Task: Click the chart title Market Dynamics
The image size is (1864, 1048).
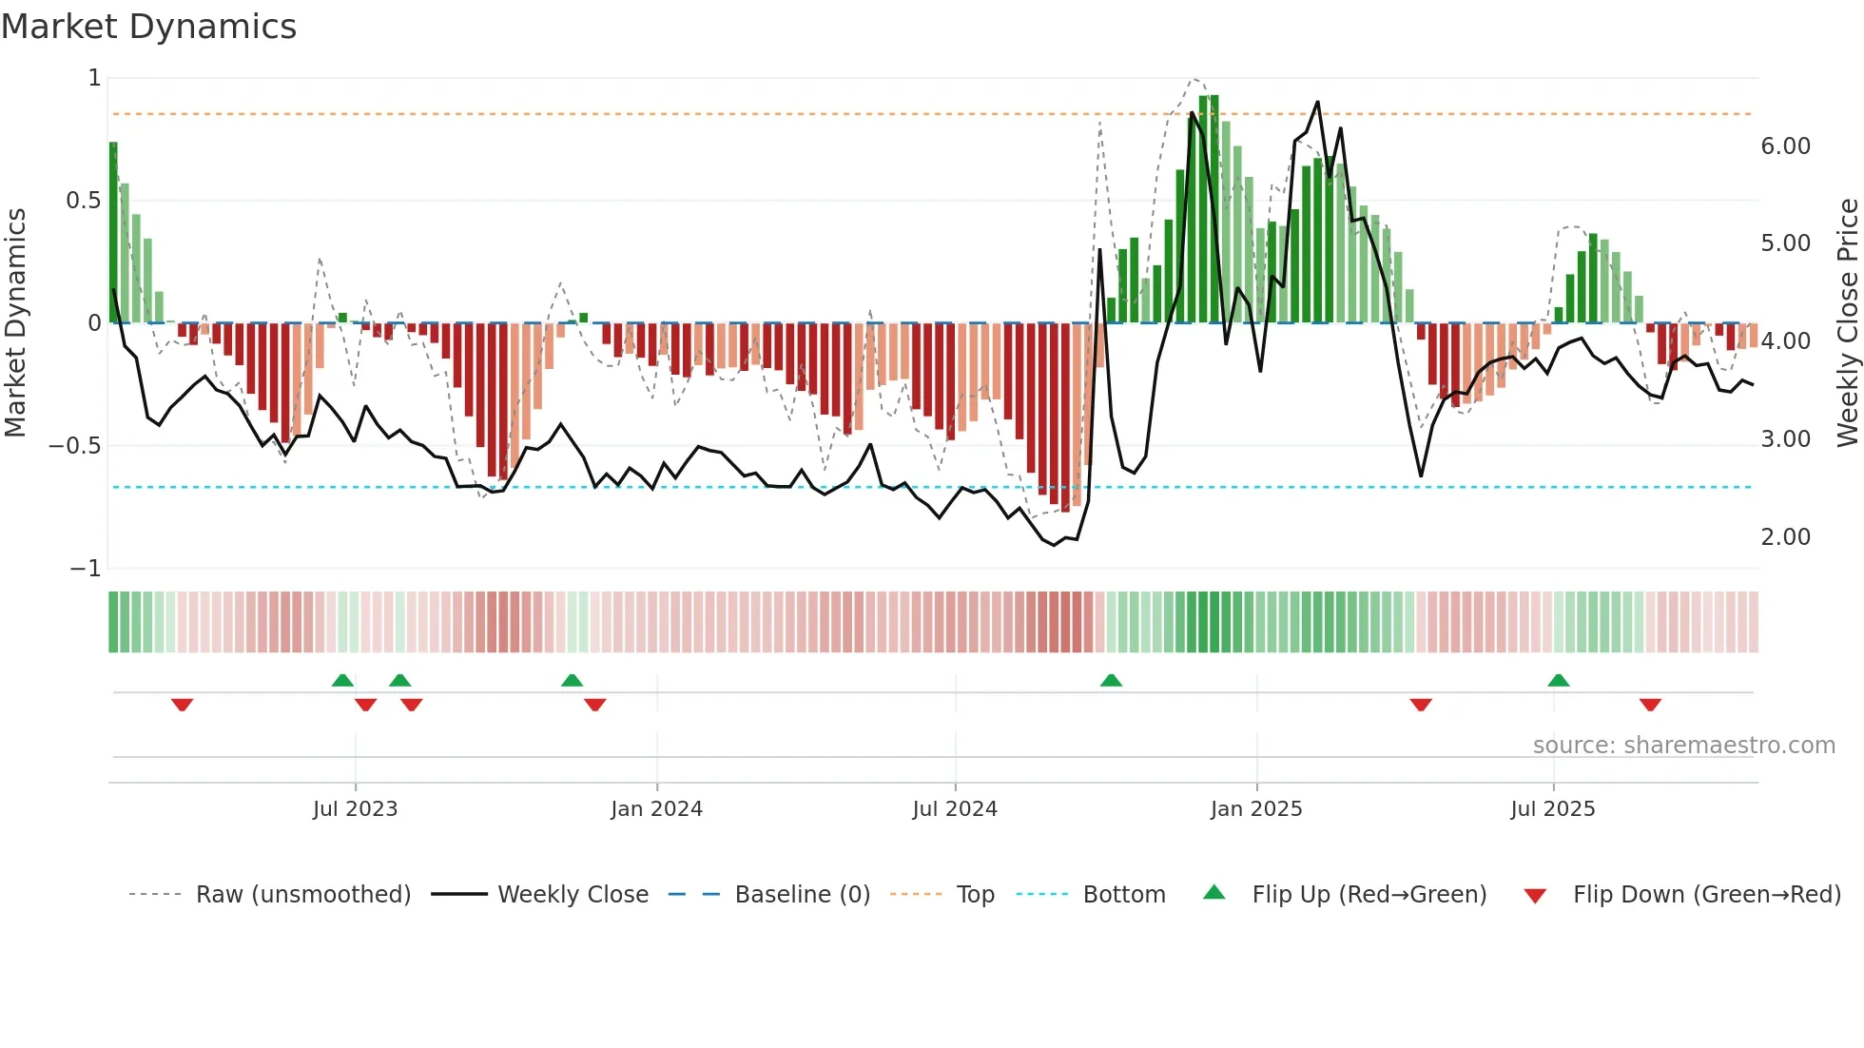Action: (x=149, y=27)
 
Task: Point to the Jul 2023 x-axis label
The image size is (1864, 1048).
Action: (x=355, y=809)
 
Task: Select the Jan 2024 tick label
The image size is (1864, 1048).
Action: (x=656, y=809)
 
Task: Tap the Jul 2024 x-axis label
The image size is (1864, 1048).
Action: (x=955, y=809)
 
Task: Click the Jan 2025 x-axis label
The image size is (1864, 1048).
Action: (x=1255, y=809)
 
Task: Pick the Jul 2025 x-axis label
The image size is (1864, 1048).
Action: (x=1552, y=809)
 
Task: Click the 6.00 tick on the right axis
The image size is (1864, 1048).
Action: (x=1785, y=146)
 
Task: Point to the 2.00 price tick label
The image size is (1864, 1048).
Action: (x=1785, y=537)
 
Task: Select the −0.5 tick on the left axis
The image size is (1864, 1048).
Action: (x=75, y=446)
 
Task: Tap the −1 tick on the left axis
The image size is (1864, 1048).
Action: (x=86, y=569)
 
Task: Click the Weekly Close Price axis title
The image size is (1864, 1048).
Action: (x=1847, y=323)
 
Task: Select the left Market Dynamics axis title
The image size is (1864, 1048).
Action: (x=15, y=323)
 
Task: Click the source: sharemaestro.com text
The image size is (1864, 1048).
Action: (x=1683, y=746)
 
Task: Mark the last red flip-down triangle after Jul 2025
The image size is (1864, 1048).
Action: (x=1650, y=705)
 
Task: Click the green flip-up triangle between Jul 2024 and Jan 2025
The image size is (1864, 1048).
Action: (x=1111, y=680)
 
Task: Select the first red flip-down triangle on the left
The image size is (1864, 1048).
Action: (x=183, y=705)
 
